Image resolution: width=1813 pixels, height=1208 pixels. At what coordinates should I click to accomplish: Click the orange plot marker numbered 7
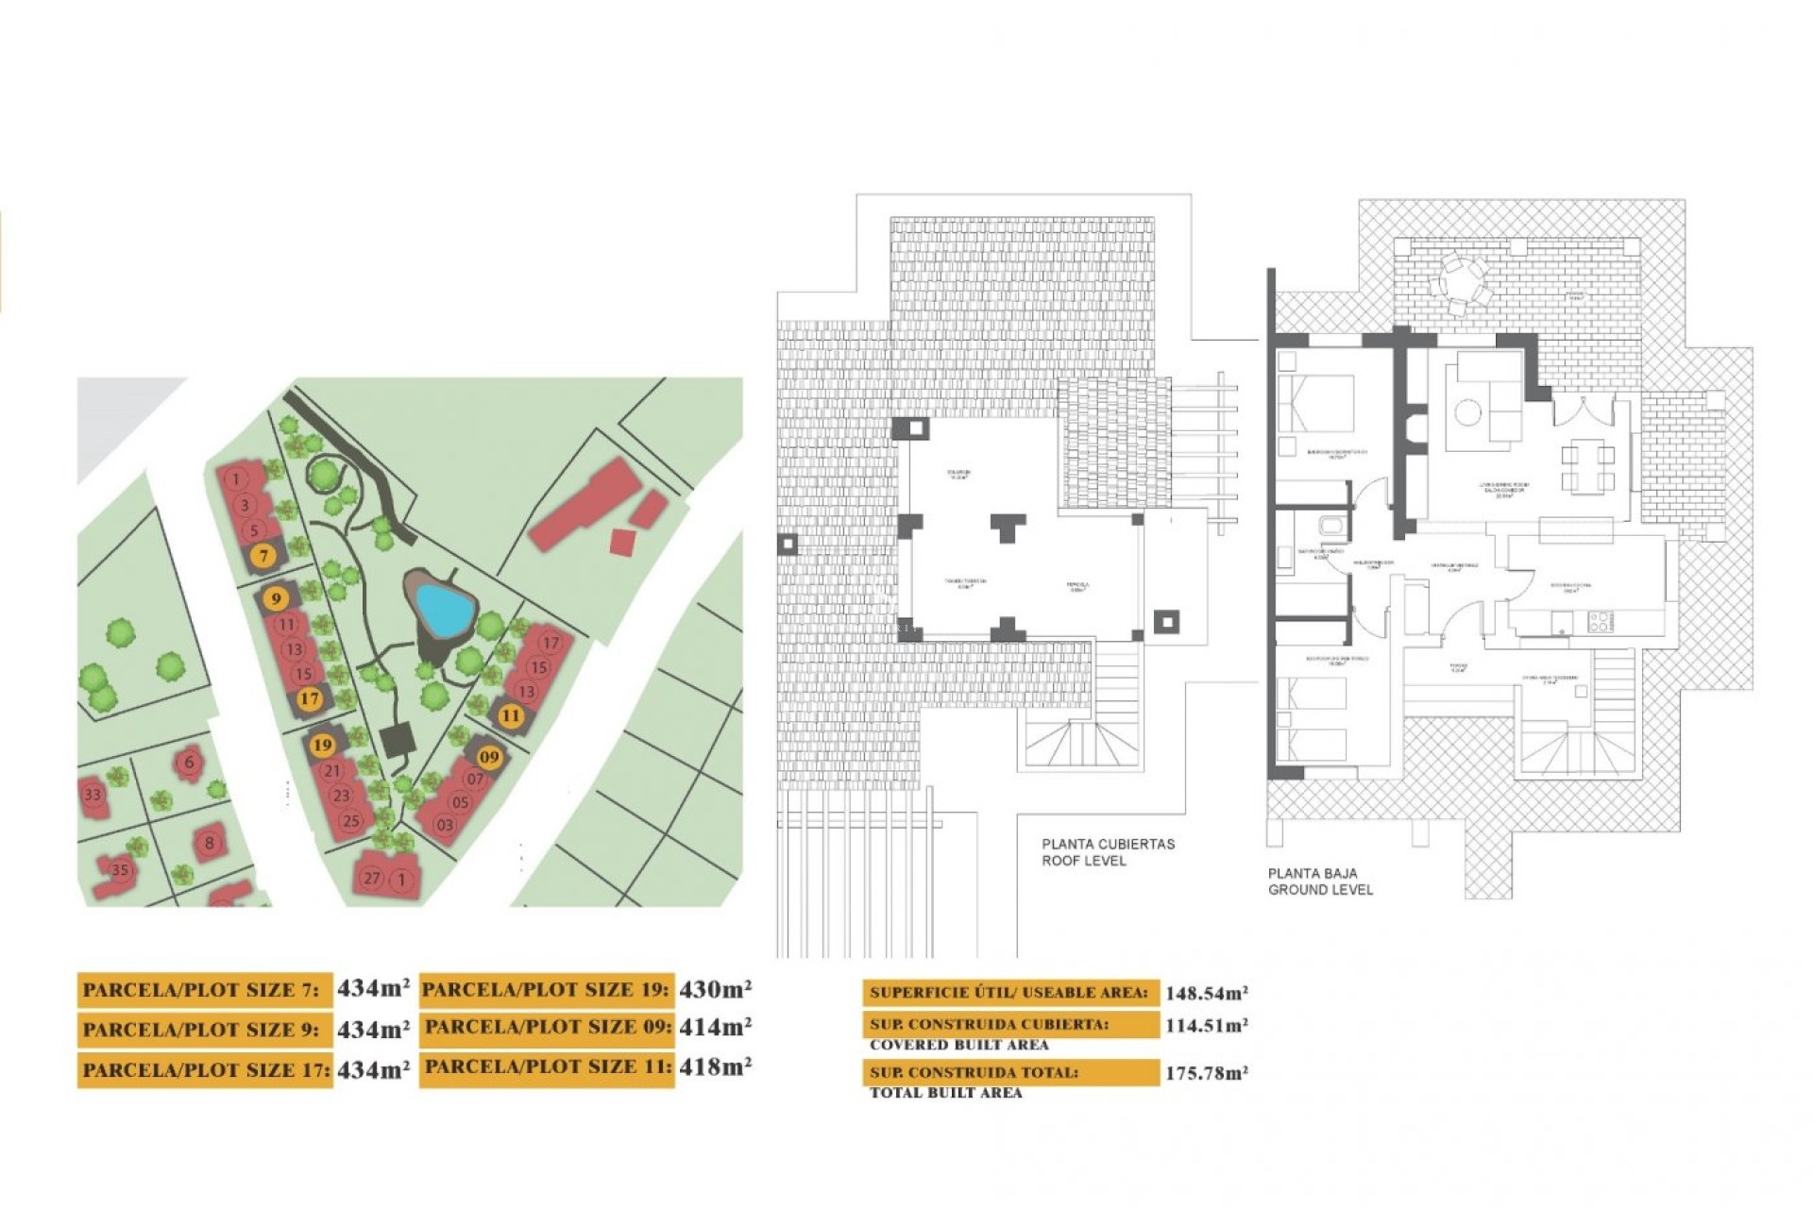click(264, 556)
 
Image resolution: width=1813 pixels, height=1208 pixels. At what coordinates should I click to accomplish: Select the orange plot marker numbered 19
click(322, 745)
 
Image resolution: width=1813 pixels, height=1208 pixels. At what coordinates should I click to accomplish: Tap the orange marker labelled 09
click(488, 756)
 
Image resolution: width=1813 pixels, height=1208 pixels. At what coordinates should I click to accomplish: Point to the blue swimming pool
click(443, 609)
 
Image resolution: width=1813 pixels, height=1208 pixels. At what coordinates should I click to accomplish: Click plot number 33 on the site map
click(93, 794)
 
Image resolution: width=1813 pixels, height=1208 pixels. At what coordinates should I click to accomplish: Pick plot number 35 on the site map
click(120, 869)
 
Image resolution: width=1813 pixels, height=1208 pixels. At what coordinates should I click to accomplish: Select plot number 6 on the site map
click(190, 762)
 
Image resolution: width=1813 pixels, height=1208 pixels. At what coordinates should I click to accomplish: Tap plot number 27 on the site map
click(372, 878)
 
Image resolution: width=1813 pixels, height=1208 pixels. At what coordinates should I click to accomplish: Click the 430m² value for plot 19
click(715, 989)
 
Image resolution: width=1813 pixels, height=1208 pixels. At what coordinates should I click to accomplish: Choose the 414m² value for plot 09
click(715, 1027)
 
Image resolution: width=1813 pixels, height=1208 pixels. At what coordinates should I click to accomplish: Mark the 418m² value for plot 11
click(715, 1066)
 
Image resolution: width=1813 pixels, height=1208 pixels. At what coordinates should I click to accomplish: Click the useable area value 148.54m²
click(1206, 993)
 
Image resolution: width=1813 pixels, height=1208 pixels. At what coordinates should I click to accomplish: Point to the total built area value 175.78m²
click(1206, 1073)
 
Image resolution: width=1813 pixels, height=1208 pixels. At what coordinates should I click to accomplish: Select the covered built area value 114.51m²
click(1206, 1026)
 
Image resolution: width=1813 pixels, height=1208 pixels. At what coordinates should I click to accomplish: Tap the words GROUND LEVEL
click(1320, 890)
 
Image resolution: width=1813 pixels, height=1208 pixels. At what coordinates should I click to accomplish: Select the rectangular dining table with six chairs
click(1588, 468)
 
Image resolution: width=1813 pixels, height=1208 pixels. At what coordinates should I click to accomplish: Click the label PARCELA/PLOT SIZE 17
click(205, 1070)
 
